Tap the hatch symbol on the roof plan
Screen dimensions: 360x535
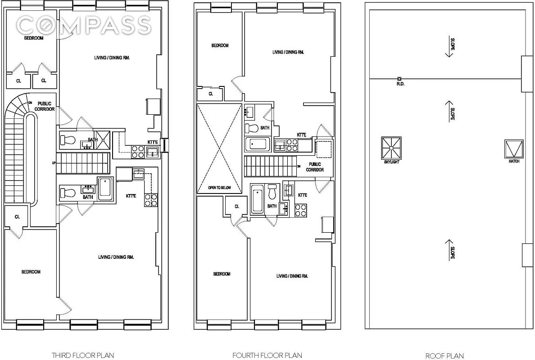click(514, 148)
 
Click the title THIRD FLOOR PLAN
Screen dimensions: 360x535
click(82, 355)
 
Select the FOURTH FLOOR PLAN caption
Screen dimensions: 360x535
click(267, 355)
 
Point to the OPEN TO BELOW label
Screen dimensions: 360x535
click(219, 188)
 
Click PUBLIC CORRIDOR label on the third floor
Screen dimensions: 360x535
click(45, 106)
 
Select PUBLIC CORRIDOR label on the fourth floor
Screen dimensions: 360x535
click(315, 167)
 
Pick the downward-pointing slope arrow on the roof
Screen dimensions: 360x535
click(449, 47)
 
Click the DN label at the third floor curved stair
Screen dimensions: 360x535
click(30, 103)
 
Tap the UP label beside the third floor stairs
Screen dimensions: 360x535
click(54, 163)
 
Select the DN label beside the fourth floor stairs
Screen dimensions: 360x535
click(299, 166)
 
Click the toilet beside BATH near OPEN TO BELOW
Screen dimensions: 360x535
click(251, 128)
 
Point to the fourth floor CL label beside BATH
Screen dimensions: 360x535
click(236, 207)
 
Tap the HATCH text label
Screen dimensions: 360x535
click(514, 161)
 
